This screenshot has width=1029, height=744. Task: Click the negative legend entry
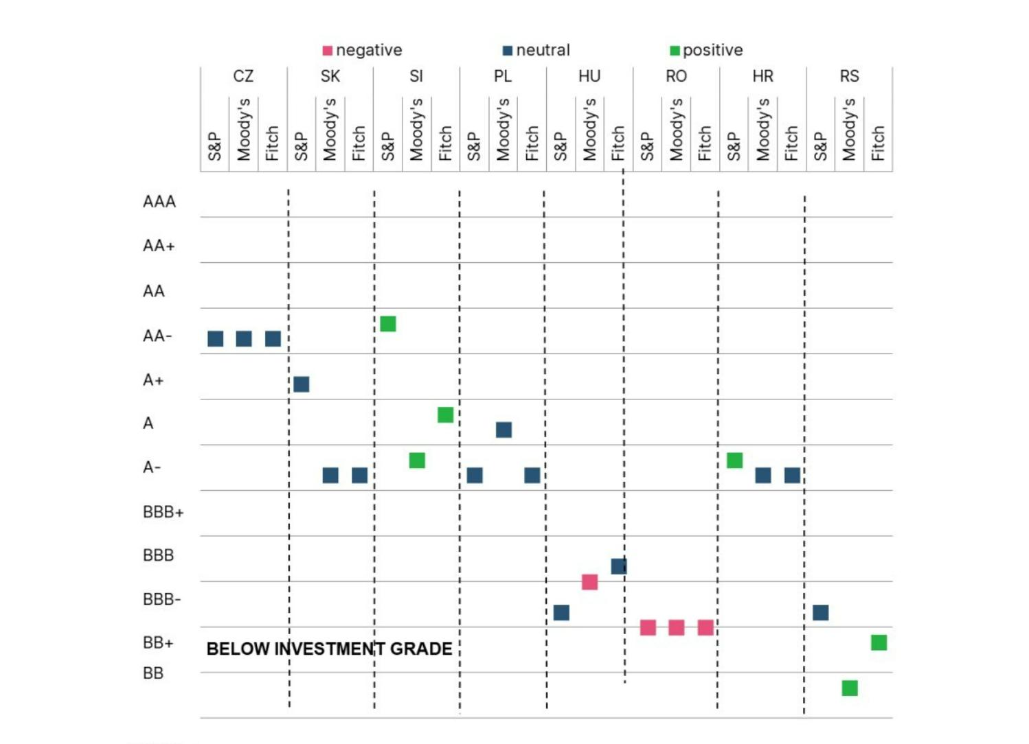[362, 50]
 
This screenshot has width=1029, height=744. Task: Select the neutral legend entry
[536, 50]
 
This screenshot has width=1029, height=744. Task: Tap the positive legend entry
[706, 50]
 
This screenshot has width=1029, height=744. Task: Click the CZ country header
[243, 76]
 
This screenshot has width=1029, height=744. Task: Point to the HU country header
[589, 76]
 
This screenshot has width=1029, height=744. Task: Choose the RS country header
[849, 76]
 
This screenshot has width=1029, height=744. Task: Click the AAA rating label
[159, 202]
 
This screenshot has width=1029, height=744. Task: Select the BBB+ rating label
[163, 512]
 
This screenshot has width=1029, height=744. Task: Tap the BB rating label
[153, 673]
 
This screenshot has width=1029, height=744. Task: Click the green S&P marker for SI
[388, 324]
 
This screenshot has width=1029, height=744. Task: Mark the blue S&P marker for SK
[302, 384]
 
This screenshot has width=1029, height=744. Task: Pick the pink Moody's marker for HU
[589, 582]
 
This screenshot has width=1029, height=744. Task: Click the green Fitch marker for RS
[879, 642]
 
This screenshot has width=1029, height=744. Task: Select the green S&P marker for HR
[734, 461]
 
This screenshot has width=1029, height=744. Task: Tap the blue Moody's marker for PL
[504, 430]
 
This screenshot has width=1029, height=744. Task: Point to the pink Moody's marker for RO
[677, 627]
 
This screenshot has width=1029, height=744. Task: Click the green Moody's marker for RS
[850, 688]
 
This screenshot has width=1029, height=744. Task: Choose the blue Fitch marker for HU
[619, 566]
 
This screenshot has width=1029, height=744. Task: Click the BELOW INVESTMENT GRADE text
[329, 649]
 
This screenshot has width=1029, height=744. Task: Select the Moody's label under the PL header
[504, 130]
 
